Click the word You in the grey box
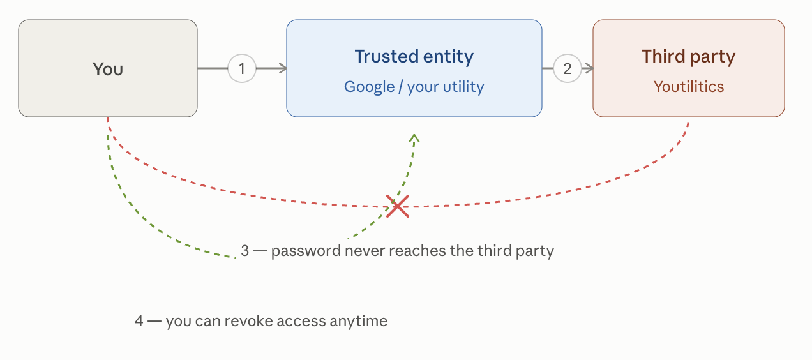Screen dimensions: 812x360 (x=108, y=69)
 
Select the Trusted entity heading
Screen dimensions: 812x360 (x=414, y=57)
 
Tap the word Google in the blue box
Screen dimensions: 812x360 (x=369, y=87)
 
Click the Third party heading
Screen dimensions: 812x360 (x=688, y=57)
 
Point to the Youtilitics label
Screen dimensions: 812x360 (x=688, y=87)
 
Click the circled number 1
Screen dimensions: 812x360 (x=242, y=68)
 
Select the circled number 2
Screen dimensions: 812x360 (x=568, y=68)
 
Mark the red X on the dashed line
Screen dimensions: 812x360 (x=398, y=206)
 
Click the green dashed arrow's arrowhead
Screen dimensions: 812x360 (x=414, y=138)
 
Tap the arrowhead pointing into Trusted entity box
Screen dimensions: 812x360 (x=283, y=68)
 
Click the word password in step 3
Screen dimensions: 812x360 (x=306, y=251)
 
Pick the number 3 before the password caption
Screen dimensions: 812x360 (x=244, y=251)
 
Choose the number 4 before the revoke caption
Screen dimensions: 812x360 (x=139, y=321)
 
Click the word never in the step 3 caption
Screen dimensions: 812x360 (x=365, y=251)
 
